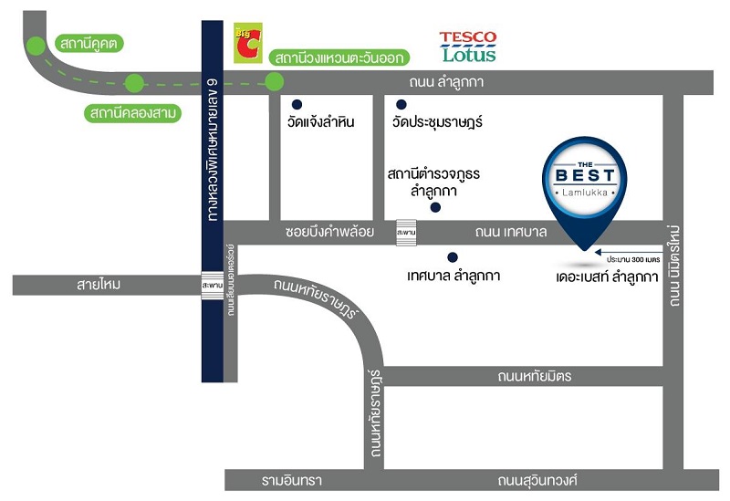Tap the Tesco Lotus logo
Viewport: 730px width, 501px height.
(x=467, y=47)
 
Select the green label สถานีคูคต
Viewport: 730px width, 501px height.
(x=90, y=43)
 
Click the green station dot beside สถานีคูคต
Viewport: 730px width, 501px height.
(x=36, y=43)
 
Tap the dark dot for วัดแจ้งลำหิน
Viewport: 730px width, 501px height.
(x=297, y=104)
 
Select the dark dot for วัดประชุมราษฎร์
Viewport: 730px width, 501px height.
(x=401, y=104)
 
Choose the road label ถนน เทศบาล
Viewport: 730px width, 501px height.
(x=510, y=233)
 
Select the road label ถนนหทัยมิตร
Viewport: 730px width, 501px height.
(x=535, y=375)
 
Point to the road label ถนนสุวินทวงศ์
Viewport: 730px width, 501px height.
(x=537, y=480)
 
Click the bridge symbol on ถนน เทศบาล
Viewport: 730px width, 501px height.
(x=405, y=233)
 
